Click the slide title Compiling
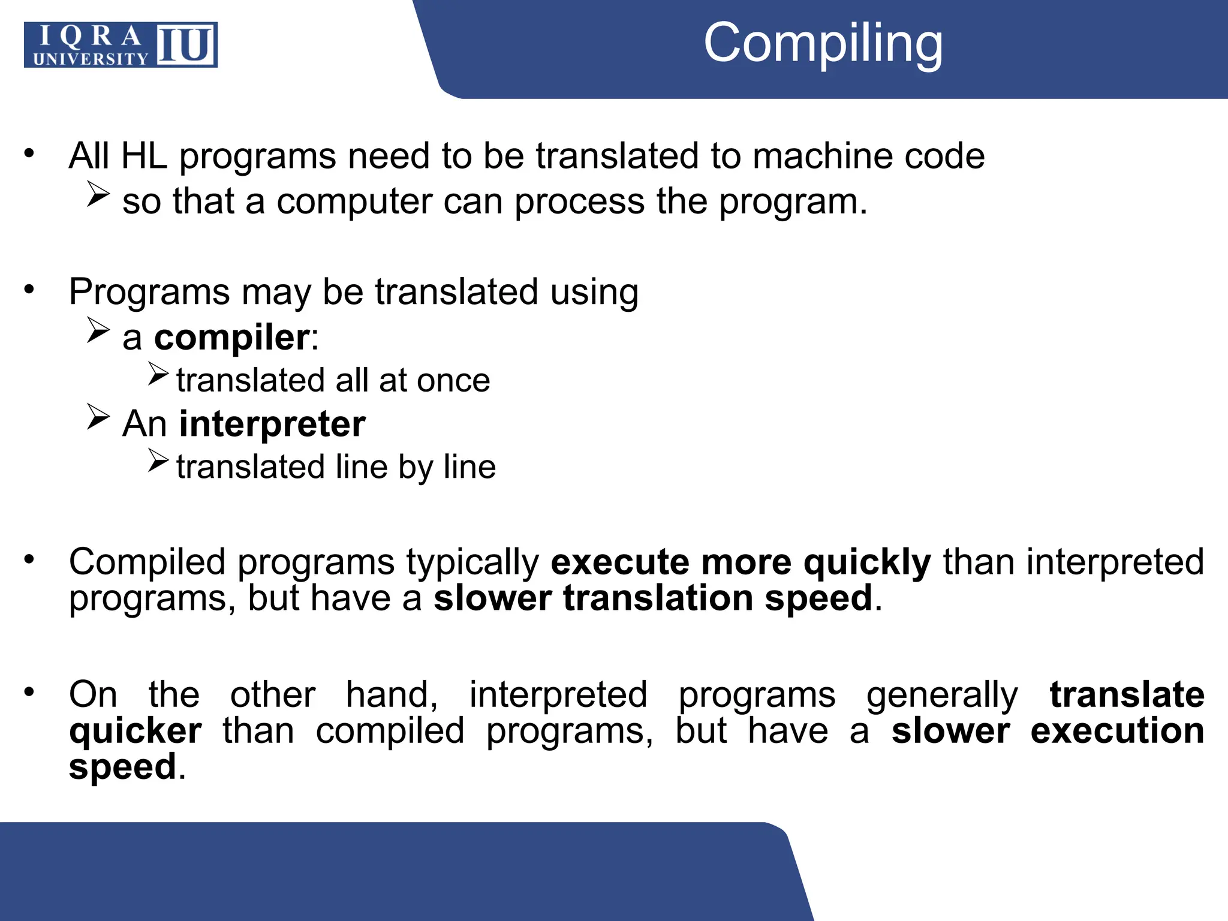(823, 43)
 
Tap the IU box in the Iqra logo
(186, 45)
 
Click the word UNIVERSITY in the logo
(91, 59)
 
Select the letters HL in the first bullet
(144, 156)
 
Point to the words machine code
(868, 156)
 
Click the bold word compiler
(231, 338)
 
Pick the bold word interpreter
(272, 424)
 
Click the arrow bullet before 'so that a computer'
(98, 194)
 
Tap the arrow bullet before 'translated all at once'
(158, 374)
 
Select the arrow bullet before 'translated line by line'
(158, 460)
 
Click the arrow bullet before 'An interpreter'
(98, 417)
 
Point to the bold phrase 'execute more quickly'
(741, 562)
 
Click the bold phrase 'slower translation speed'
(652, 598)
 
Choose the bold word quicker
(136, 731)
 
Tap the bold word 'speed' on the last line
(123, 767)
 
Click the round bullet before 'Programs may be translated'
(29, 290)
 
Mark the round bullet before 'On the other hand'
(29, 693)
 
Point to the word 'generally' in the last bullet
(942, 695)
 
